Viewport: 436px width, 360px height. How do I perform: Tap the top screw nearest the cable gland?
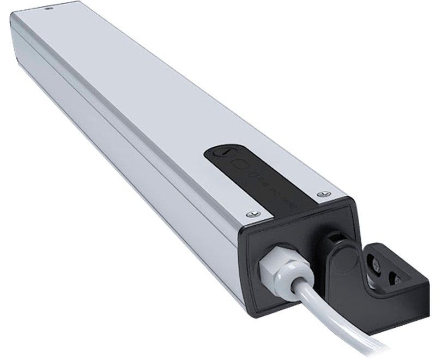(251, 213)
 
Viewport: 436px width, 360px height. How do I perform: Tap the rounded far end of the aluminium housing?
(22, 33)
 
